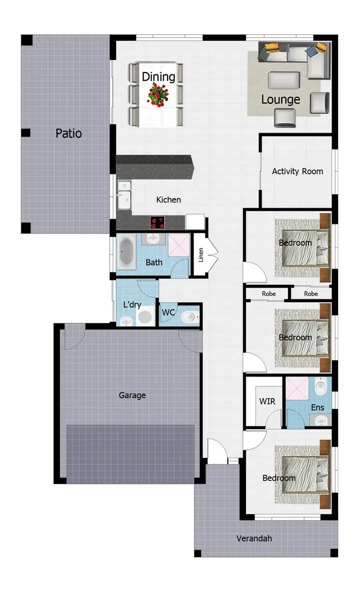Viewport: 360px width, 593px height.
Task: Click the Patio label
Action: click(x=69, y=133)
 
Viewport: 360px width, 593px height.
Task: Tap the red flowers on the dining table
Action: click(x=157, y=93)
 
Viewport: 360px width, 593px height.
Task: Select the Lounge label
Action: click(x=280, y=99)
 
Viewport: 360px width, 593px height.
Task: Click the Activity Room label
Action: click(x=298, y=171)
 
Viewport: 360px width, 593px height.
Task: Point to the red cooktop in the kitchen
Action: click(x=158, y=222)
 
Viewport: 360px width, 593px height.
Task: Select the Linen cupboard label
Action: click(x=201, y=255)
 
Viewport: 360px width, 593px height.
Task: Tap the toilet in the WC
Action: click(x=189, y=317)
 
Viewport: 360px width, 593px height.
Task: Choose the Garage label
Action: click(x=132, y=395)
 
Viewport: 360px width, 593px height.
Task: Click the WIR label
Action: click(x=267, y=401)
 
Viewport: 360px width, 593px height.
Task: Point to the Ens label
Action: click(x=317, y=407)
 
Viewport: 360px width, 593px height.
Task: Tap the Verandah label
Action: click(x=254, y=538)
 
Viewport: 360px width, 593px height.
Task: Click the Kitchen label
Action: click(x=168, y=200)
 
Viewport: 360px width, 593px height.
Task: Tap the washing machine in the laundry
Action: click(x=144, y=317)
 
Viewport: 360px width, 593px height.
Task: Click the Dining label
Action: click(x=158, y=77)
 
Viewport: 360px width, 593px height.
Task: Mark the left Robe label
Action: click(x=269, y=294)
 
